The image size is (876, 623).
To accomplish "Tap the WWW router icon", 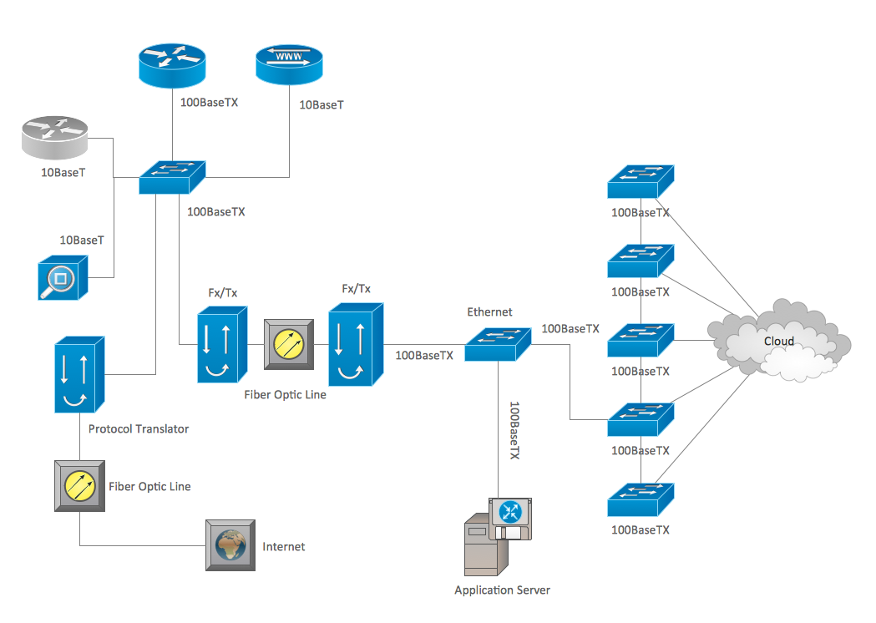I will [x=289, y=64].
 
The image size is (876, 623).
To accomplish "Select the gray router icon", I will [x=55, y=138].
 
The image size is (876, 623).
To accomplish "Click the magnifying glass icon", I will [x=62, y=278].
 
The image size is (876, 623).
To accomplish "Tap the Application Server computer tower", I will [x=482, y=547].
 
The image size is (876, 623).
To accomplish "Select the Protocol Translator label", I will [x=139, y=429].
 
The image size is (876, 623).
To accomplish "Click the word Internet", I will [x=284, y=547].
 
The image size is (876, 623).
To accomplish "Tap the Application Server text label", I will [x=502, y=590].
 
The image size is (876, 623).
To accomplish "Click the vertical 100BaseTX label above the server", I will [x=514, y=431].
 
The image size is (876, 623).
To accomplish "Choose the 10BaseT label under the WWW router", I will [x=322, y=105].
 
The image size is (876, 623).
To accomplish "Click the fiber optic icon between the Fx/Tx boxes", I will [x=289, y=344].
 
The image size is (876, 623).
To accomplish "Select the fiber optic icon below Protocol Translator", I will [x=79, y=485].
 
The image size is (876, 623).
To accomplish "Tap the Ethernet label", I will [x=489, y=312].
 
